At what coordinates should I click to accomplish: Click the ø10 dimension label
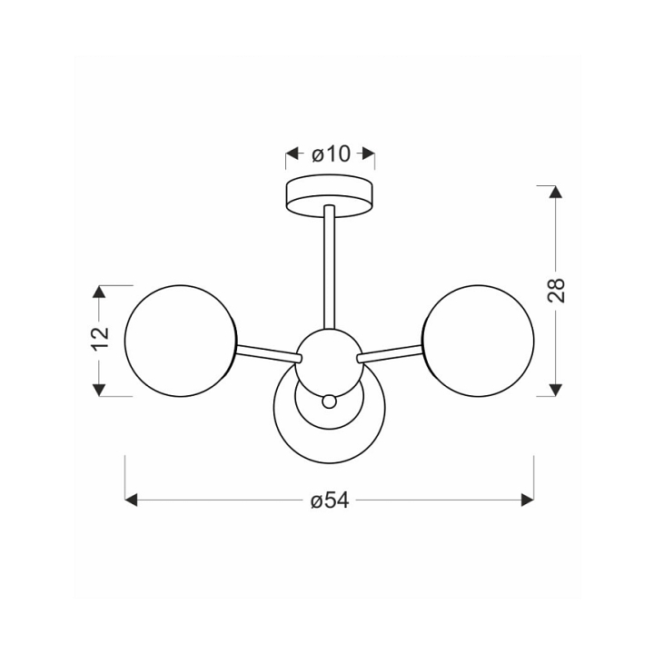tap(331, 154)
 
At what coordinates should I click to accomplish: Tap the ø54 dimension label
tap(330, 500)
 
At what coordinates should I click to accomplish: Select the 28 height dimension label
tap(556, 290)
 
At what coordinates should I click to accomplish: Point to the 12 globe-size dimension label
tap(100, 338)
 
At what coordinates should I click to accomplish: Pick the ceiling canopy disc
tap(330, 196)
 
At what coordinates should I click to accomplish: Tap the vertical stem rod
tap(330, 267)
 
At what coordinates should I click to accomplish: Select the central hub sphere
tap(330, 362)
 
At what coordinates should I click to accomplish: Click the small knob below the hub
tap(329, 401)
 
